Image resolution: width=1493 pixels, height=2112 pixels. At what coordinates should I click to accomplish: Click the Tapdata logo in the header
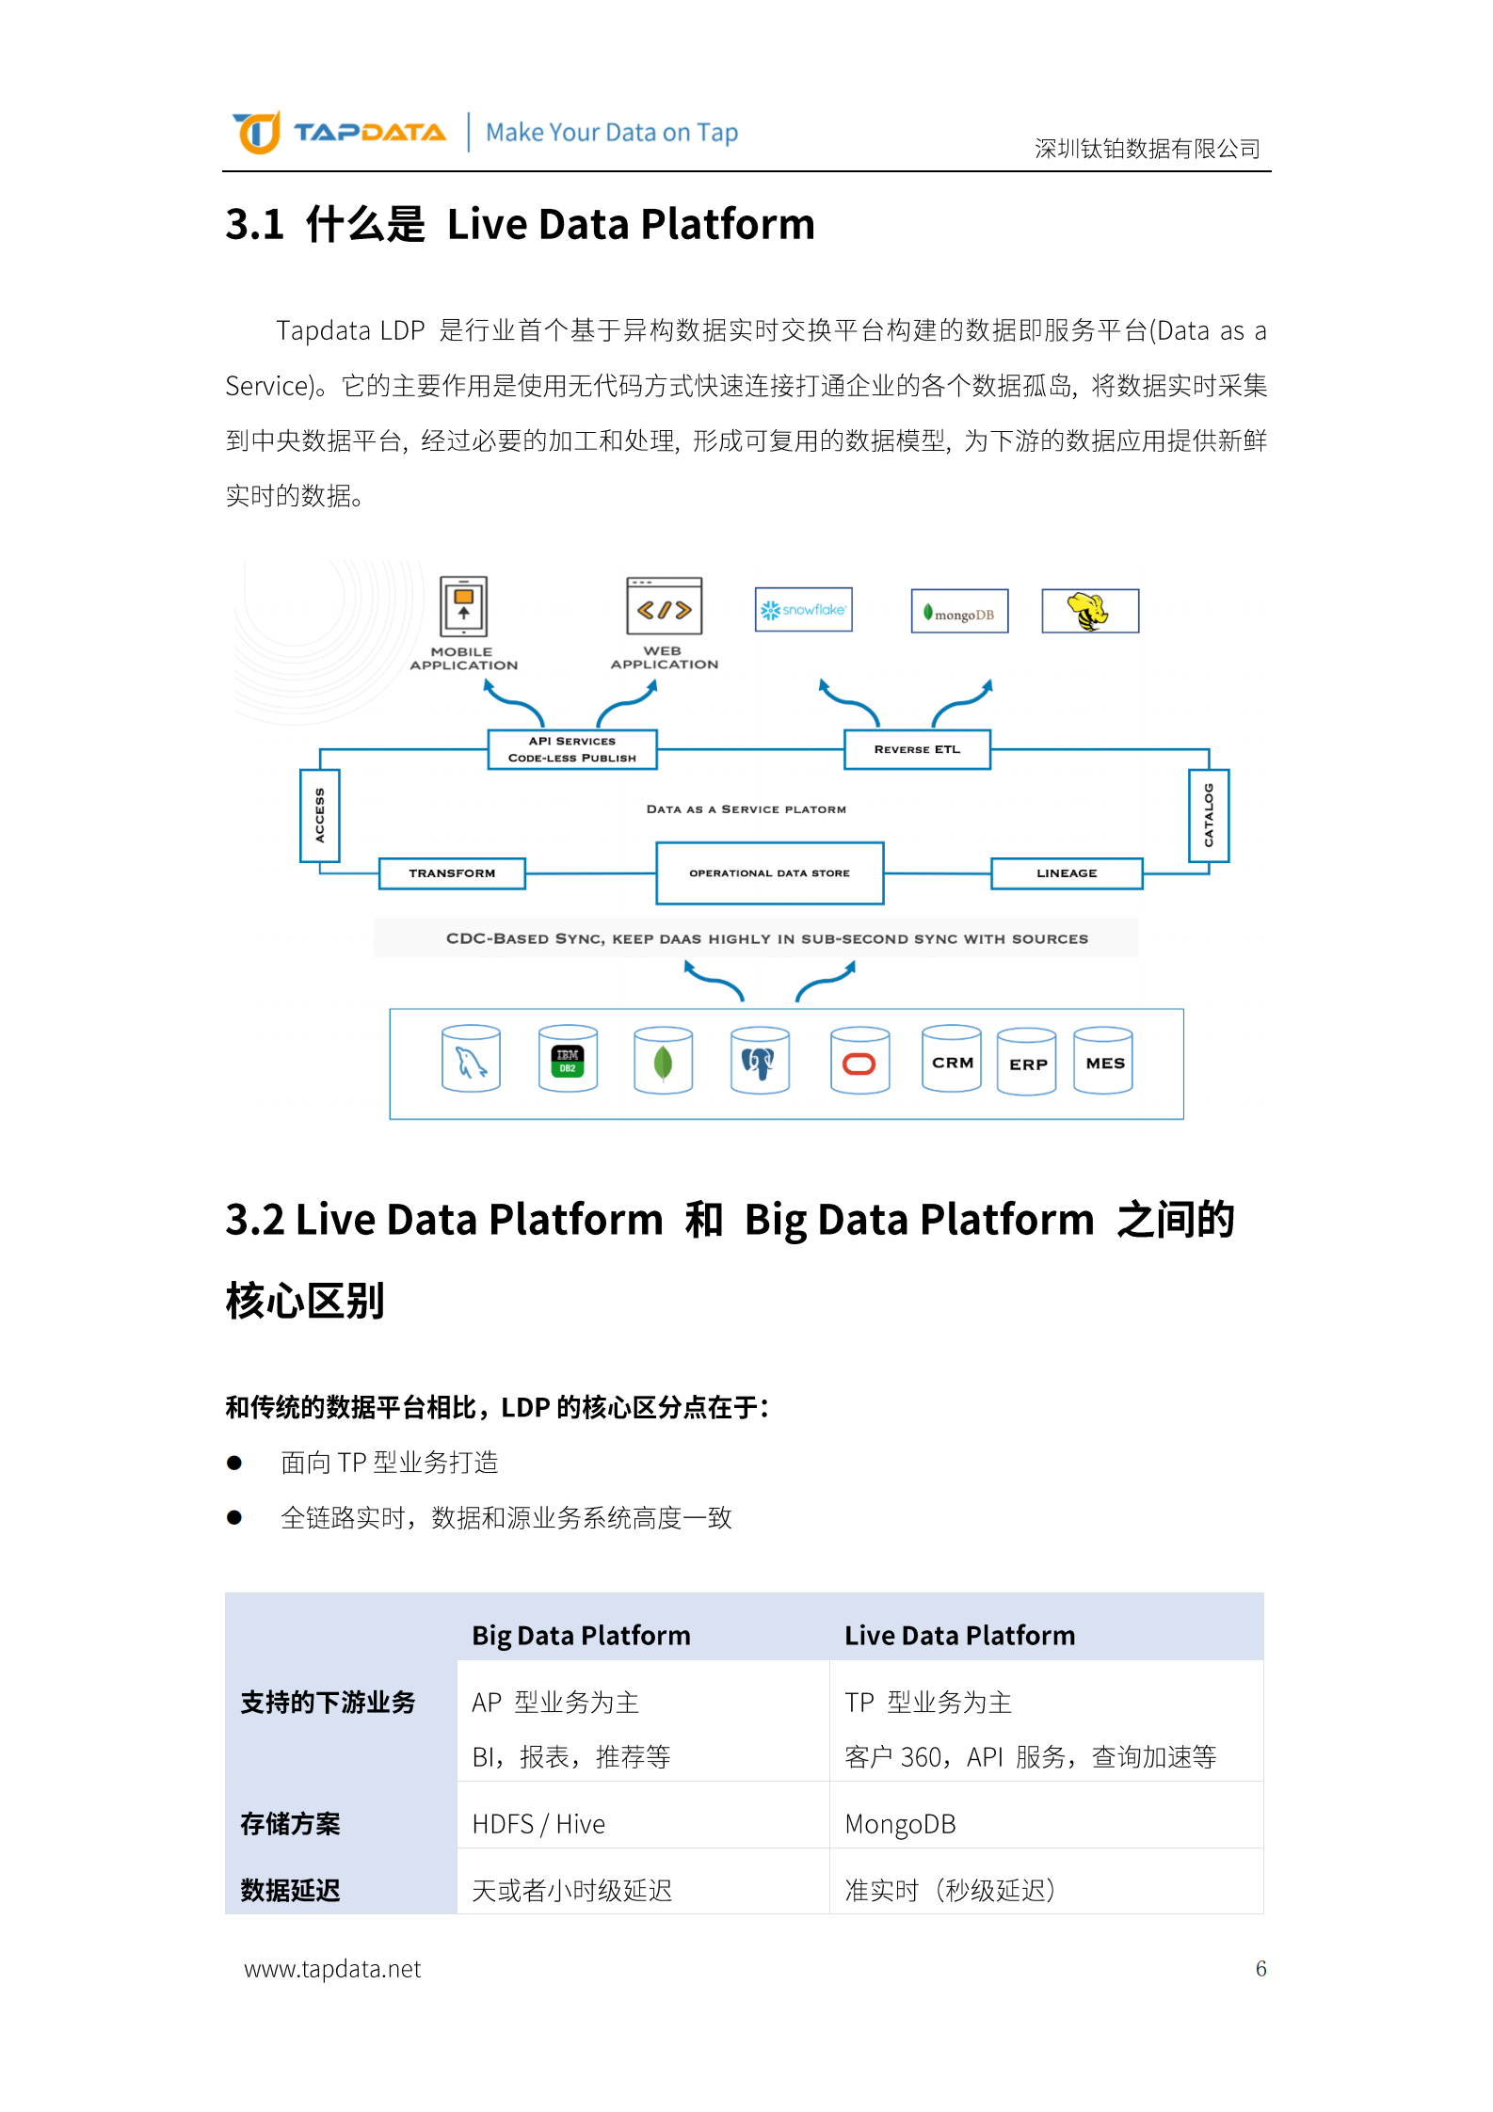coord(339,132)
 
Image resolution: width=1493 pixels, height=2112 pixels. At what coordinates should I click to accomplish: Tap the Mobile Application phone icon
coord(463,606)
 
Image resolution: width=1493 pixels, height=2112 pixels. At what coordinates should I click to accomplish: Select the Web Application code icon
coord(664,607)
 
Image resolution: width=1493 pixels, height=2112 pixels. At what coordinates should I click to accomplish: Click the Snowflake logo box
coord(803,610)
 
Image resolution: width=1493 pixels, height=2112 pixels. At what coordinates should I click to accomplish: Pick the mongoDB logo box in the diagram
coord(959,612)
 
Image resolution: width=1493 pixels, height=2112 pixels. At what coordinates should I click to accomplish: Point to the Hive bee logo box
coord(1090,612)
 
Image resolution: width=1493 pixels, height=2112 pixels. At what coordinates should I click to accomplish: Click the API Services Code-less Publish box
coord(572,749)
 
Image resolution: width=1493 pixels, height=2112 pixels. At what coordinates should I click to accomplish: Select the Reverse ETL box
coord(917,749)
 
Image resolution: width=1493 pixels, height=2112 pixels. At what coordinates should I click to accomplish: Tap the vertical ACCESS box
coord(320,815)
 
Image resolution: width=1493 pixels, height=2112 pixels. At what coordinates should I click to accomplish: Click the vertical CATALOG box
coord(1209,815)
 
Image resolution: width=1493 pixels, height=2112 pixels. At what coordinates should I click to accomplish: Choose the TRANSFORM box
coord(452,873)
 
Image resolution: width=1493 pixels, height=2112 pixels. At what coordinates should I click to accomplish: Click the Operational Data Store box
coord(769,873)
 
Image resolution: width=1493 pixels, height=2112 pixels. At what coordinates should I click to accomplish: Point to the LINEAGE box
coord(1067,873)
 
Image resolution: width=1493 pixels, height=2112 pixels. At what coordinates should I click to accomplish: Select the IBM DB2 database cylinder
coord(568,1059)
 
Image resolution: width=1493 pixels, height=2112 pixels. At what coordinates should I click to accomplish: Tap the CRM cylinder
coord(952,1060)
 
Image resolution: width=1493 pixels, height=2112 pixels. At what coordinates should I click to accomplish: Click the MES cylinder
coord(1103,1061)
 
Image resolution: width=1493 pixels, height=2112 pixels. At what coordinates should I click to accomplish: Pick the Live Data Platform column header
coord(959,1636)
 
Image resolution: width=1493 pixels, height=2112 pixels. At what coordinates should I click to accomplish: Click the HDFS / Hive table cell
coord(538,1824)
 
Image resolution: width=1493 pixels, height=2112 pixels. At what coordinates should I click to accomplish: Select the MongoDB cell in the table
coord(900,1824)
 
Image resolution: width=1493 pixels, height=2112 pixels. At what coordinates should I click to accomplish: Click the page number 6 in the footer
coord(1260,1968)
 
